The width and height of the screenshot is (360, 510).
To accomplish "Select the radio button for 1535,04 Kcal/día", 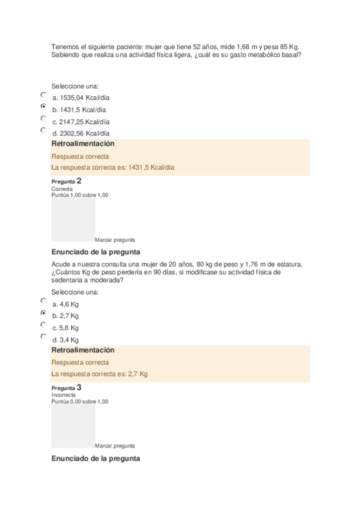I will (43, 94).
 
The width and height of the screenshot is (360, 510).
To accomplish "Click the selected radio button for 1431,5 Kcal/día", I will (43, 106).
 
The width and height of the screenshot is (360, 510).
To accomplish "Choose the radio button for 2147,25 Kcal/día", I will (43, 118).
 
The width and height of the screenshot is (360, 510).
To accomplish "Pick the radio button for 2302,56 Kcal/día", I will (43, 130).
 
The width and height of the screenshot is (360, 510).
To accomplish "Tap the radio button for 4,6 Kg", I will (43, 301).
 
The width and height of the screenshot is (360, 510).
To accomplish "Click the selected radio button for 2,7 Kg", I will (43, 313).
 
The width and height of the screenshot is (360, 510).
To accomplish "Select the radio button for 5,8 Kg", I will (43, 325).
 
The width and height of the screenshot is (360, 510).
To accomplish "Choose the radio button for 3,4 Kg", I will (43, 336).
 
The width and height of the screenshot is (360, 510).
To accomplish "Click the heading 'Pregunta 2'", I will (66, 181).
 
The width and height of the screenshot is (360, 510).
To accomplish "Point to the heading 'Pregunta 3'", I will (66, 388).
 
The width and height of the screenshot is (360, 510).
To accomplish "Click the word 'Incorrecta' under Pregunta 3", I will (63, 395).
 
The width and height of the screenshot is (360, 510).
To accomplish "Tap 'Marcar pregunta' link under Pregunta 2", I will (115, 239).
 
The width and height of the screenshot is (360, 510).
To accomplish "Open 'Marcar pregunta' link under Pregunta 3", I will (115, 446).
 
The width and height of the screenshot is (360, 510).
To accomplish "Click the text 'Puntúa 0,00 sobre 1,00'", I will (80, 401).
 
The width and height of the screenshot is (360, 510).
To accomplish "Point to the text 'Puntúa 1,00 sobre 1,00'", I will (80, 195).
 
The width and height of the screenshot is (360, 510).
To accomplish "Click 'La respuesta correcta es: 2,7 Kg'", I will (100, 374).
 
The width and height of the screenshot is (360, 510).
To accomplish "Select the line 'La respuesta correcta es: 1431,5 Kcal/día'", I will (113, 168).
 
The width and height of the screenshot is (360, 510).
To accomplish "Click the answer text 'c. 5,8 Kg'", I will (66, 328).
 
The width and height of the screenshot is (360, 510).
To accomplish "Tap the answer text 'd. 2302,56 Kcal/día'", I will (81, 134).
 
